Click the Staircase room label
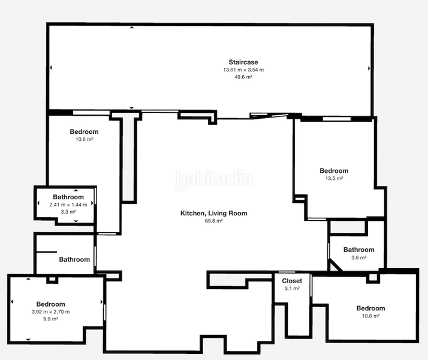point(243,62)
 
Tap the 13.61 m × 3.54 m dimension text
point(243,70)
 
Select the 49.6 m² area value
point(243,77)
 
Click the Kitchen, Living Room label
point(214,213)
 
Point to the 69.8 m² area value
point(214,221)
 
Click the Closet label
point(292,281)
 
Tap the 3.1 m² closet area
point(292,289)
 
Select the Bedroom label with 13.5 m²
point(334,171)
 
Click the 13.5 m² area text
point(334,178)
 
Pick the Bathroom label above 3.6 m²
point(358,250)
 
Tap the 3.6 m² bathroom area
point(358,257)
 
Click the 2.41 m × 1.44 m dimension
point(68,205)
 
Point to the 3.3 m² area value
point(68,212)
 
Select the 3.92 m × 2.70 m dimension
point(50,312)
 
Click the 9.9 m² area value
point(50,319)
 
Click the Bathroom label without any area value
point(74,260)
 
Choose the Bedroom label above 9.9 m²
point(50,304)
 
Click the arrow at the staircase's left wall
point(51,68)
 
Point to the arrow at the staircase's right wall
point(368,68)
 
